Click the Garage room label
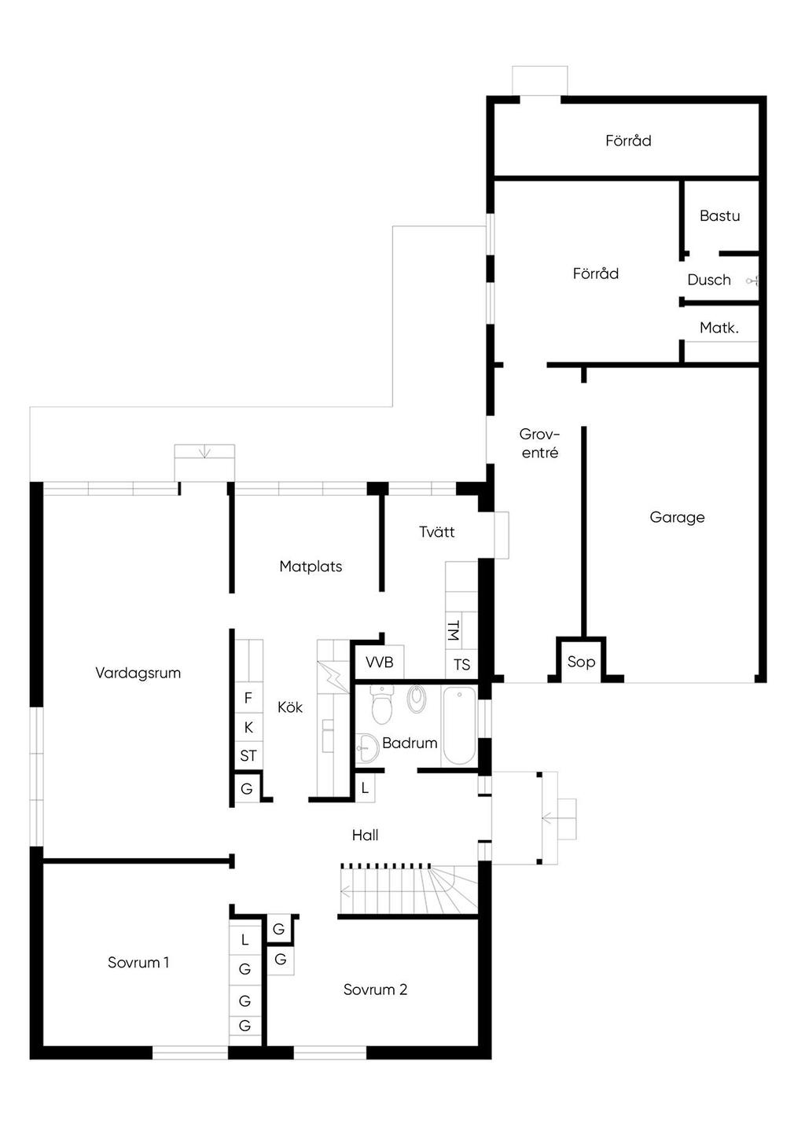[x=677, y=518]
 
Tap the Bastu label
[x=719, y=216]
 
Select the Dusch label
[x=709, y=280]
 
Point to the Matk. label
[x=719, y=328]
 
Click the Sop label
[x=581, y=662]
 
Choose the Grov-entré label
[x=540, y=443]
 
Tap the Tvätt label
[x=436, y=532]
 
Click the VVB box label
[x=379, y=663]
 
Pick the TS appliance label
[x=462, y=665]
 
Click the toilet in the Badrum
[x=380, y=705]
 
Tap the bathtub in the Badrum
[x=459, y=726]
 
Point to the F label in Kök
[x=248, y=698]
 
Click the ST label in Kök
[x=248, y=756]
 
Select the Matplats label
[x=311, y=567]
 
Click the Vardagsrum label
[x=138, y=674]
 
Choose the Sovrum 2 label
[x=375, y=989]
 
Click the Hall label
[x=365, y=835]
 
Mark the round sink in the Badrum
[x=367, y=748]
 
